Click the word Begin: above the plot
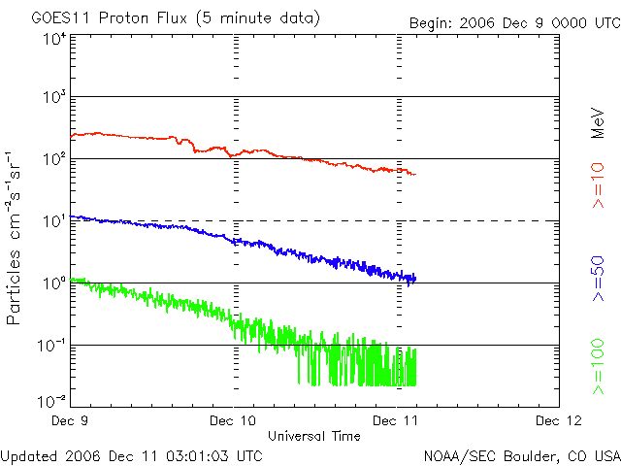click(433, 23)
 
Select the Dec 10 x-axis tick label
click(233, 420)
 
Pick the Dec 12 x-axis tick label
click(558, 420)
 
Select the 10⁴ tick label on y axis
click(53, 39)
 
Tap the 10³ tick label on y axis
click(53, 98)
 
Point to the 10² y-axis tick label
click(53, 159)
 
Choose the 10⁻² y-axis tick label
click(51, 400)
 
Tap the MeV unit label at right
click(599, 122)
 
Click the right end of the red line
click(415, 175)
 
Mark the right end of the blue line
click(415, 279)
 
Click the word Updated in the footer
click(27, 455)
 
